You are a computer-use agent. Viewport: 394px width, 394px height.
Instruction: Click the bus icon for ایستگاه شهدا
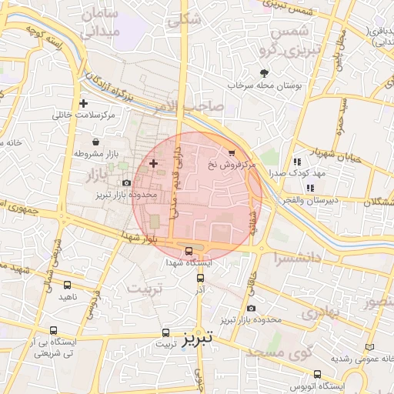coord(189,251)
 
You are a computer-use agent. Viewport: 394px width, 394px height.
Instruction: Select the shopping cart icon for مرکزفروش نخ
coord(232,153)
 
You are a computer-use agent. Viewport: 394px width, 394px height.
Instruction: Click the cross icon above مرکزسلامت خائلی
coord(83,104)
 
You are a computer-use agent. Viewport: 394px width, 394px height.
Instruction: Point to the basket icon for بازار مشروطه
coord(95,142)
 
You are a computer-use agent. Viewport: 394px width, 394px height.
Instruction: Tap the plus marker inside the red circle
coord(153,163)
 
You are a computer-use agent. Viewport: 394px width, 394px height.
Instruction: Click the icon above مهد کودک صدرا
coord(296,162)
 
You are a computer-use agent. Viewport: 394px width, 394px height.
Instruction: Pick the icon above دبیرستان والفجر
coord(310,188)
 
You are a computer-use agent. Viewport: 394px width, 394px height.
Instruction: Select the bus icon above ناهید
coord(67,285)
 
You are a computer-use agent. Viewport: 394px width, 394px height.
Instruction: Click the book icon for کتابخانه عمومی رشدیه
coord(372,348)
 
